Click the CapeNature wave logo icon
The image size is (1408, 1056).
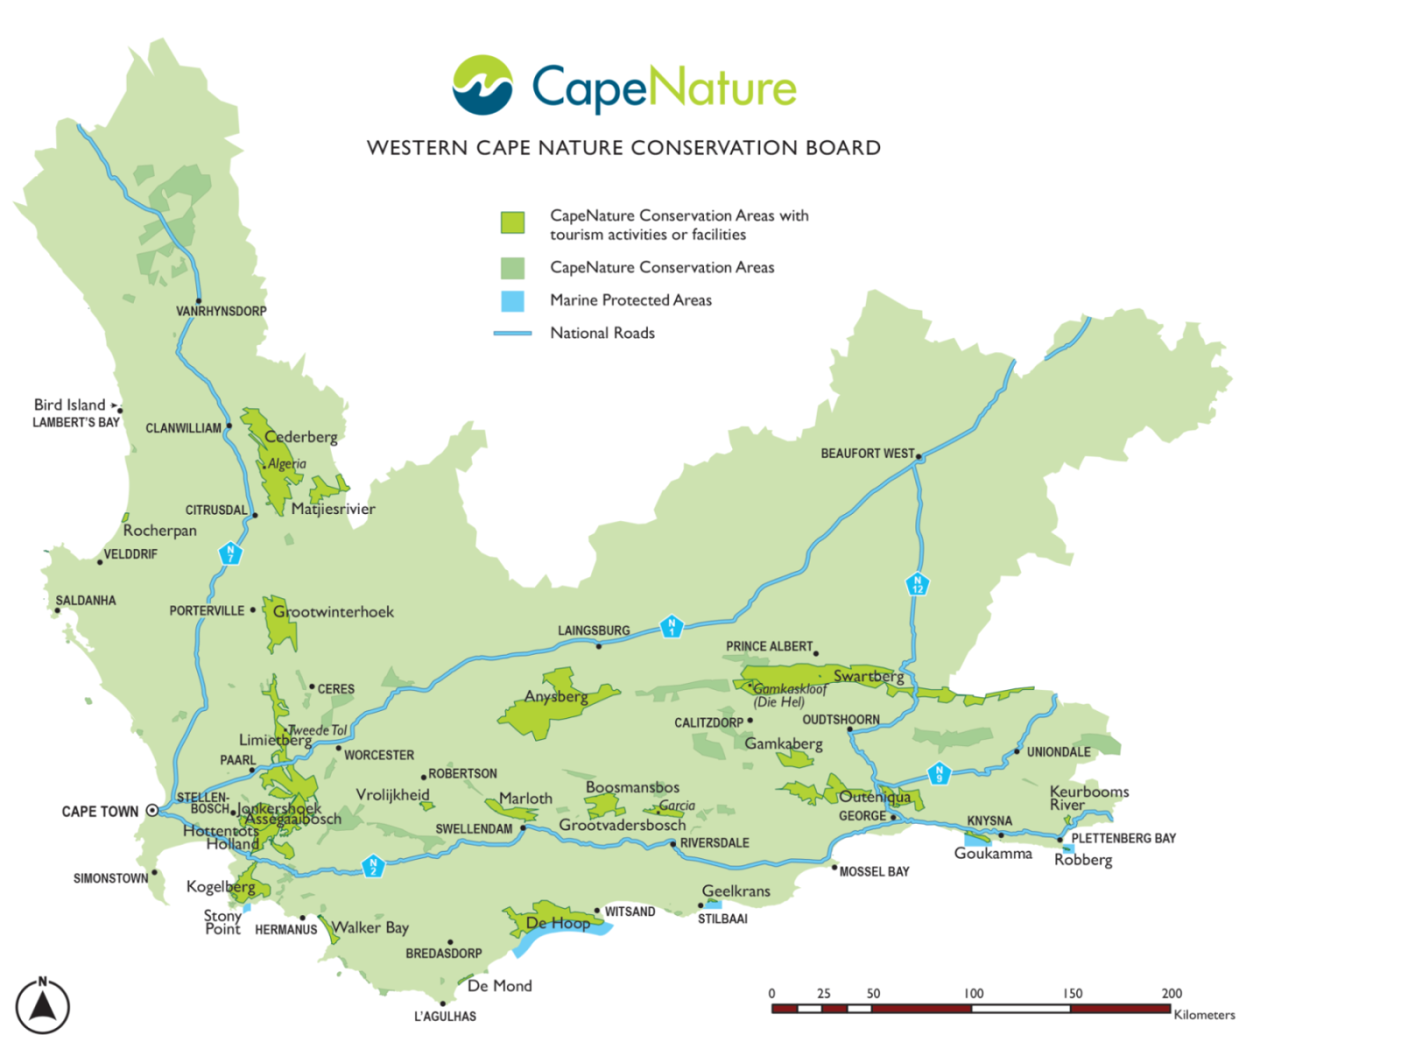point(482,85)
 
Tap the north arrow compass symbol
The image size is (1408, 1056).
point(42,1006)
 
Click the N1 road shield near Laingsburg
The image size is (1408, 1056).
point(671,627)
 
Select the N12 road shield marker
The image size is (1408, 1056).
point(917,583)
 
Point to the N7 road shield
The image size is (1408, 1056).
point(230,554)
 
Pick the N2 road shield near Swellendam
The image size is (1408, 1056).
point(373,866)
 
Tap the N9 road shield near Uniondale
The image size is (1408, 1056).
point(939,774)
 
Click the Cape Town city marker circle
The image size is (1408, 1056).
point(152,810)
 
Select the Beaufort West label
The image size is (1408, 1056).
point(867,453)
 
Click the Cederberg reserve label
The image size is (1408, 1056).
point(301,436)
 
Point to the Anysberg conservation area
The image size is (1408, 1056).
point(555,696)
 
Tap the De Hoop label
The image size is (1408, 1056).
point(558,923)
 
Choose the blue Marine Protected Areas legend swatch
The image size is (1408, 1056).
point(512,301)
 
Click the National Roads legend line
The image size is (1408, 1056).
point(512,334)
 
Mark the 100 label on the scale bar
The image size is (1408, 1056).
point(973,994)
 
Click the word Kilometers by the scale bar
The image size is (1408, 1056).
point(1204,1015)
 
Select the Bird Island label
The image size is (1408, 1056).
point(69,405)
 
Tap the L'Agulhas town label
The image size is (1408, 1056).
point(445,1016)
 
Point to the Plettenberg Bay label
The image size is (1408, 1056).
point(1123,839)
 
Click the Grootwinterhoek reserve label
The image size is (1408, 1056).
point(333,612)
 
